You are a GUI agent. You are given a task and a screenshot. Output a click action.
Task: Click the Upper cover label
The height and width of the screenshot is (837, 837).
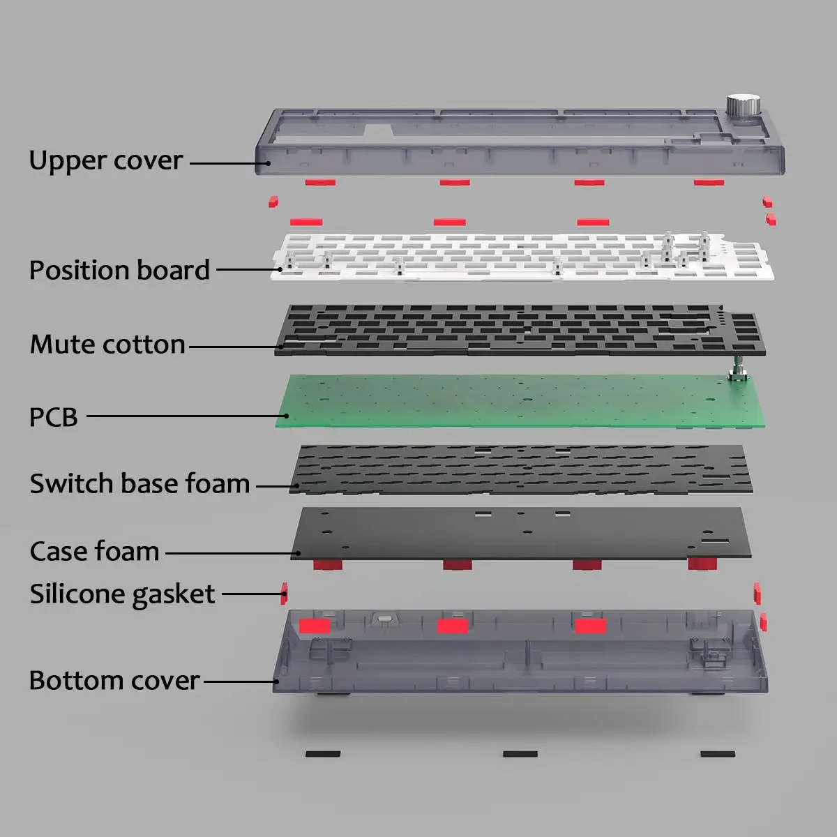105,161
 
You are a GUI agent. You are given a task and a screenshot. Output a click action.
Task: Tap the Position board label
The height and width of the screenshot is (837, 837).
119,271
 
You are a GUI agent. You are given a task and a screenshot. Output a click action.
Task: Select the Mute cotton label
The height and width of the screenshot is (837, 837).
107,345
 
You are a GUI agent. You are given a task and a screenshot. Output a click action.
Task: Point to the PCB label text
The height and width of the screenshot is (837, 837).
53,417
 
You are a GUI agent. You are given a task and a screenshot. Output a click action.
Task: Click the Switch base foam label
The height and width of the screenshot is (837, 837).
139,483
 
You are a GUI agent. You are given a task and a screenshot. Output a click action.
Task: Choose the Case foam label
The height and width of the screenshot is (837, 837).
94,552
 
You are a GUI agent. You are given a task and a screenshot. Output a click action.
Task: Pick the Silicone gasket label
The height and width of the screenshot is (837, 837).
122,594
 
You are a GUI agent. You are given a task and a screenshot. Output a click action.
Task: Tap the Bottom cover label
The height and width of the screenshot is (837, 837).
114,681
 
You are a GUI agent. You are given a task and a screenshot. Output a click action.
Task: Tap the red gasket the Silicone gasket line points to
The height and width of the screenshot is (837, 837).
285,594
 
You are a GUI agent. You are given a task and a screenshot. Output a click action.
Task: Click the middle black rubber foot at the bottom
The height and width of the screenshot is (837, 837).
520,754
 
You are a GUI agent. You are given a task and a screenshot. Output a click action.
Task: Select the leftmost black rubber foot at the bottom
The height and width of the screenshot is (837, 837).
323,754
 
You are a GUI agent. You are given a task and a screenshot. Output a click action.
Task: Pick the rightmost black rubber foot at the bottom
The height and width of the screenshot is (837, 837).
718,754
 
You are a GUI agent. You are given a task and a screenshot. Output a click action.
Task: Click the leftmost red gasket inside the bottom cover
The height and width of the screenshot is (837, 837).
315,626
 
